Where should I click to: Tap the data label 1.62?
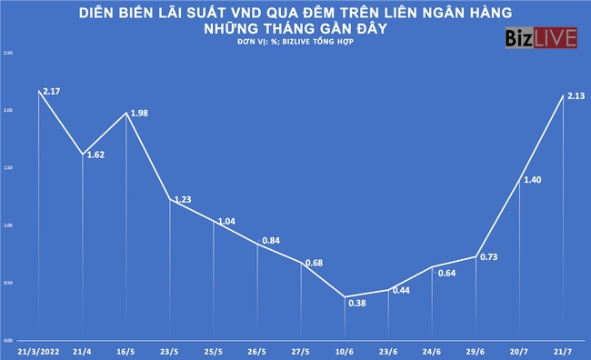pyautogui.click(x=94, y=155)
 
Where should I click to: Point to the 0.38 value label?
pyautogui.click(x=356, y=303)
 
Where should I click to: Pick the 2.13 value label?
pyautogui.click(x=575, y=96)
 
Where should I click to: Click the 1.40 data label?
pyautogui.click(x=533, y=180)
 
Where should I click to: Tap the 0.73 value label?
pyautogui.click(x=488, y=256)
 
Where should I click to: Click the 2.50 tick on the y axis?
pyautogui.click(x=9, y=53)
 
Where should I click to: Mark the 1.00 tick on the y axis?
pyautogui.click(x=9, y=225)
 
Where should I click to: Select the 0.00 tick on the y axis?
pyautogui.click(x=9, y=339)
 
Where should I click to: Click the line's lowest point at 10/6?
pyautogui.click(x=346, y=296)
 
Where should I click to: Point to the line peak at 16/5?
pyautogui.click(x=126, y=113)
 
